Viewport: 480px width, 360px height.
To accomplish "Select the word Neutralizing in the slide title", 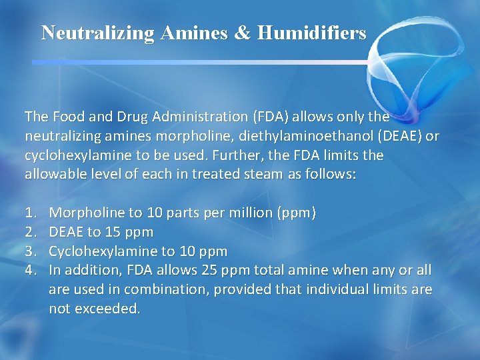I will (x=97, y=33).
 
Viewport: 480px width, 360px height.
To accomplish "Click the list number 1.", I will (x=30, y=213).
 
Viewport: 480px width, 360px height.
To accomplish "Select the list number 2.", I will (x=30, y=232).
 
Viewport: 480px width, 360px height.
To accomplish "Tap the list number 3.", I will (x=30, y=251).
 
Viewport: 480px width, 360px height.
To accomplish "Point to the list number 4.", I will (x=30, y=271).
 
